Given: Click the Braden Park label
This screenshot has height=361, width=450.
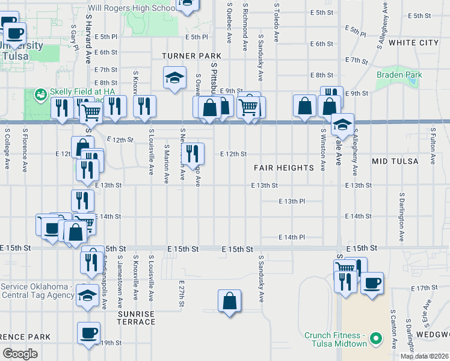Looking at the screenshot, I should point(399,75).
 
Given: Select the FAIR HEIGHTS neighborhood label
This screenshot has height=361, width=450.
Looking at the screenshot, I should point(284,167).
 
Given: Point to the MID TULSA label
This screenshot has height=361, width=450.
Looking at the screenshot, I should point(394,161).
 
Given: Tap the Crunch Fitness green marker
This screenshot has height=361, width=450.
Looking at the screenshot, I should point(377,339).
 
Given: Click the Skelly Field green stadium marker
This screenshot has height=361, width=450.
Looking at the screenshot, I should point(41,94).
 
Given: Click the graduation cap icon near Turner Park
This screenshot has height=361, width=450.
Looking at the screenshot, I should point(174,78).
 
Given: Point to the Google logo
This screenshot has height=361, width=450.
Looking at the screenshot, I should point(20,353).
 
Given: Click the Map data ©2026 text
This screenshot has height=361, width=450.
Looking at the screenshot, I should point(424,356).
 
